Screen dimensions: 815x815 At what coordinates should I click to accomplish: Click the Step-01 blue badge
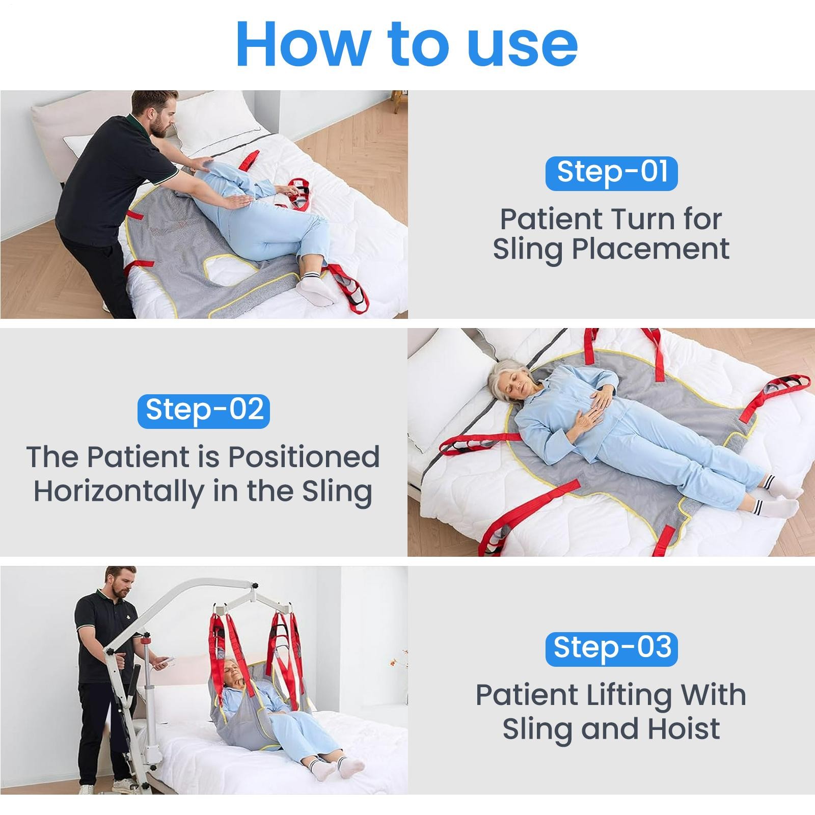click(x=611, y=173)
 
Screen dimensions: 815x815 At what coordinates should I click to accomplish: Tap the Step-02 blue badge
click(x=204, y=411)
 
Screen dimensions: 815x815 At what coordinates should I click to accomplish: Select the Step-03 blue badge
click(x=611, y=649)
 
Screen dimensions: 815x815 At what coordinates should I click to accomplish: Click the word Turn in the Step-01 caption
click(x=644, y=219)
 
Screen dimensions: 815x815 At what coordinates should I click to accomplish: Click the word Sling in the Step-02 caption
click(x=337, y=492)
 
